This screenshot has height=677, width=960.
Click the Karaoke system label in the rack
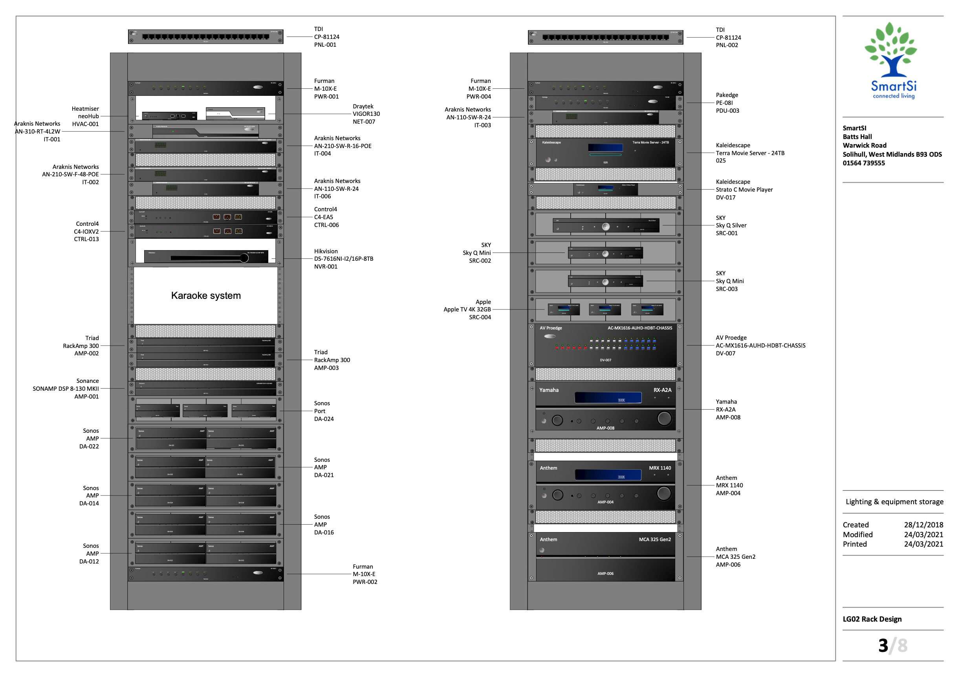[x=206, y=295]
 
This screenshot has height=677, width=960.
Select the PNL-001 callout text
[x=325, y=45]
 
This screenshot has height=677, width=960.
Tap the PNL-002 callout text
[x=727, y=45]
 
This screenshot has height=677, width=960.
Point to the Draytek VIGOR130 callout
[x=366, y=113]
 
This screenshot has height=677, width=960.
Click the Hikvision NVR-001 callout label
[x=343, y=259]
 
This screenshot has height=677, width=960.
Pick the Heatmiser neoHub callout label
[x=85, y=116]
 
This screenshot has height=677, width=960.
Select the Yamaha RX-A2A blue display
[x=608, y=397]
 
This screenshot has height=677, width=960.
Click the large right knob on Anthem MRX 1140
[x=663, y=493]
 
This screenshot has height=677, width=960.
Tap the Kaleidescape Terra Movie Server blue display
[x=605, y=148]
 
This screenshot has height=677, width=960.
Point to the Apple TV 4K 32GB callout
[x=467, y=310]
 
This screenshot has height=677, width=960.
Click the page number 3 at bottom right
[x=883, y=646]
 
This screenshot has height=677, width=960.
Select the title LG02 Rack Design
[x=872, y=619]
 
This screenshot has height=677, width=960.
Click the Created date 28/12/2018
[x=923, y=525]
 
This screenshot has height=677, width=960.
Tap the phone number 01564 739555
[x=863, y=163]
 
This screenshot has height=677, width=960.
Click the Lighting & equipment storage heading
[x=894, y=501]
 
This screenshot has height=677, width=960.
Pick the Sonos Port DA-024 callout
[x=324, y=411]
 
